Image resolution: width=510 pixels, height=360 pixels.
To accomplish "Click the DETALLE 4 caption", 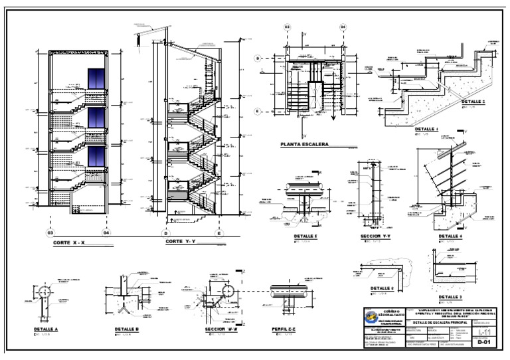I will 450,236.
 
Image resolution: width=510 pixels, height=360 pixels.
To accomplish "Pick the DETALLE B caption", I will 126,329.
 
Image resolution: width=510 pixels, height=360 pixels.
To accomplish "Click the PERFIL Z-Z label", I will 285,329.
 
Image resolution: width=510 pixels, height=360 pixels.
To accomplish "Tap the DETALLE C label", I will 382,288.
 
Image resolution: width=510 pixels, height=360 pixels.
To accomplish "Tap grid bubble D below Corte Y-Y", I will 166,233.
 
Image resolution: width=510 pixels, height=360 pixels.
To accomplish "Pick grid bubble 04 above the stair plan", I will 343,27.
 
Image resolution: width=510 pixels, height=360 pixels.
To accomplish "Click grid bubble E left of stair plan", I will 257,111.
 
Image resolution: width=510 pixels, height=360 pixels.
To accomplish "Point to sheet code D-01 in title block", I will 485,343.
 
